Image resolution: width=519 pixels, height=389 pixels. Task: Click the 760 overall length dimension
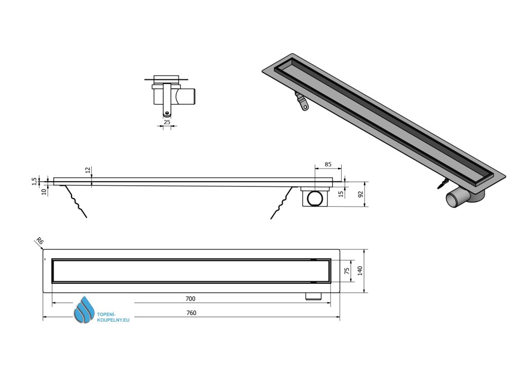point(191,313)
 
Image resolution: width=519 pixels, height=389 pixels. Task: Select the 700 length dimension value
point(191,299)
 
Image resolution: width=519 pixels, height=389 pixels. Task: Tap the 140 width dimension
point(360,271)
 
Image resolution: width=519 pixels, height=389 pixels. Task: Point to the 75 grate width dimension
point(347,270)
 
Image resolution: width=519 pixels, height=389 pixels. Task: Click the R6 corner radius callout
point(37,242)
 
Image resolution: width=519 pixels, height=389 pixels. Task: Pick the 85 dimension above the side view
point(327,164)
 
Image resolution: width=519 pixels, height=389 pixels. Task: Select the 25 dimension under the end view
point(167,122)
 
